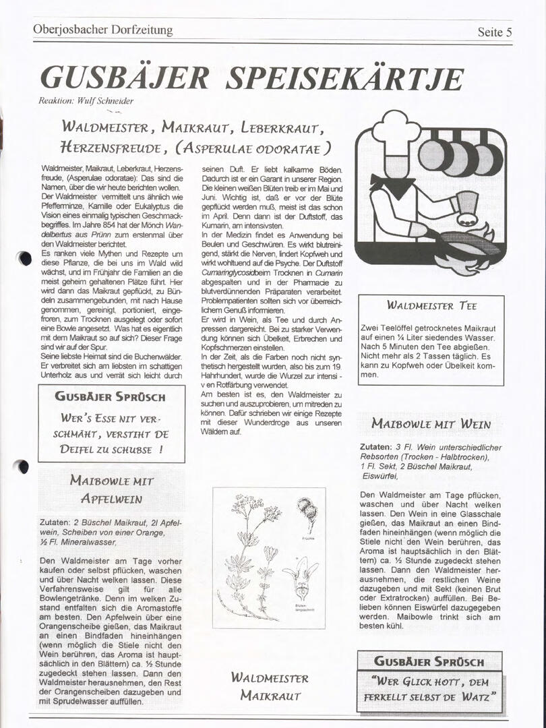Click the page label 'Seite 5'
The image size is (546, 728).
pyautogui.click(x=495, y=32)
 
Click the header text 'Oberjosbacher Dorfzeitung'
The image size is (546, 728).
pyautogui.click(x=102, y=30)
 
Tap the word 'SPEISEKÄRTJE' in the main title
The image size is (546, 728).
pyautogui.click(x=344, y=79)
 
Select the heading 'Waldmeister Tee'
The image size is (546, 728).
pyautogui.click(x=431, y=305)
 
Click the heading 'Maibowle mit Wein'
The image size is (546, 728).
pyautogui.click(x=431, y=424)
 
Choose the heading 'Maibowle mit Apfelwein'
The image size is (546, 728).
pyautogui.click(x=111, y=490)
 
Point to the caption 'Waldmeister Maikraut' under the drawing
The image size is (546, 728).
pyautogui.click(x=269, y=686)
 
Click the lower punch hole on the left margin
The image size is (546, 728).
pyautogui.click(x=24, y=466)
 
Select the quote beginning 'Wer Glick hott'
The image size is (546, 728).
pyautogui.click(x=431, y=688)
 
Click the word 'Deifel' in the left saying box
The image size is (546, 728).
pyautogui.click(x=80, y=449)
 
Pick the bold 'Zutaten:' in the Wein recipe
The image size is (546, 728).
pyautogui.click(x=375, y=447)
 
